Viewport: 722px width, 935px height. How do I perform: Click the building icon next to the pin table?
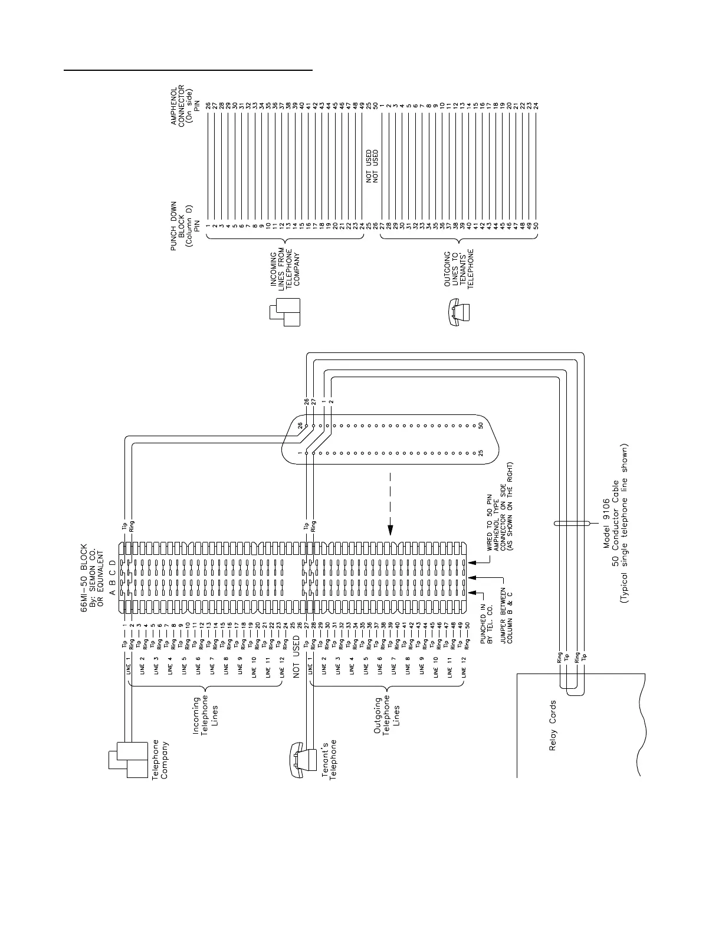click(285, 311)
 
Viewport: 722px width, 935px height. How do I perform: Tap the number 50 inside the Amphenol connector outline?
click(481, 425)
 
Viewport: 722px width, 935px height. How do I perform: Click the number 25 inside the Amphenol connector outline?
click(481, 453)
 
